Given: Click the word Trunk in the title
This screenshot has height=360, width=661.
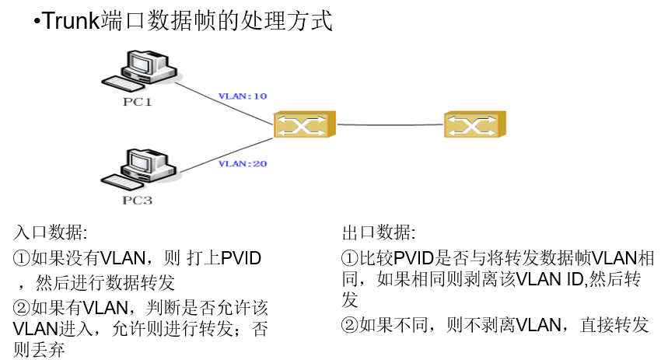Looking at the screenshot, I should pos(69,21).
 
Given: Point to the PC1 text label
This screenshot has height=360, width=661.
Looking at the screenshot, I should pos(137,102).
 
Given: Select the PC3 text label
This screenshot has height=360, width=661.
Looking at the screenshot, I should pos(137,201).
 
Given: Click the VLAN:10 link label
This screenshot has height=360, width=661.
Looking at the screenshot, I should pos(243,96).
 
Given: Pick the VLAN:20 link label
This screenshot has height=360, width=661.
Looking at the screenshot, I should pos(243,163).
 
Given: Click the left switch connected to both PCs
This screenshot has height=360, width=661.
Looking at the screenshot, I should pos(304,124).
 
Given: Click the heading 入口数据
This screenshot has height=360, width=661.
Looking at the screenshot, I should pos(50,233).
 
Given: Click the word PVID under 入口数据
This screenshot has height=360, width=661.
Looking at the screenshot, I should pos(241,258).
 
